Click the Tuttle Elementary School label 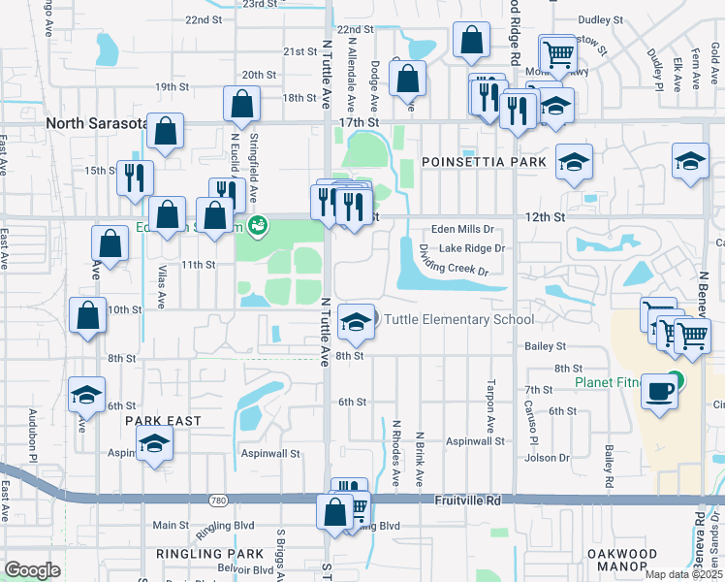(458, 320)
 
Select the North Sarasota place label (95, 123)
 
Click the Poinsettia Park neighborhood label (484, 161)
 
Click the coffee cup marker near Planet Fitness (660, 391)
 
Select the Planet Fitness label (609, 382)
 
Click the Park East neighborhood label (163, 421)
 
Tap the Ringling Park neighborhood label (210, 553)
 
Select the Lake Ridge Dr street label (472, 248)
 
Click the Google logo (32, 570)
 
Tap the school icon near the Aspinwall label (153, 444)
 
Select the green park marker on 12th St (258, 227)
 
